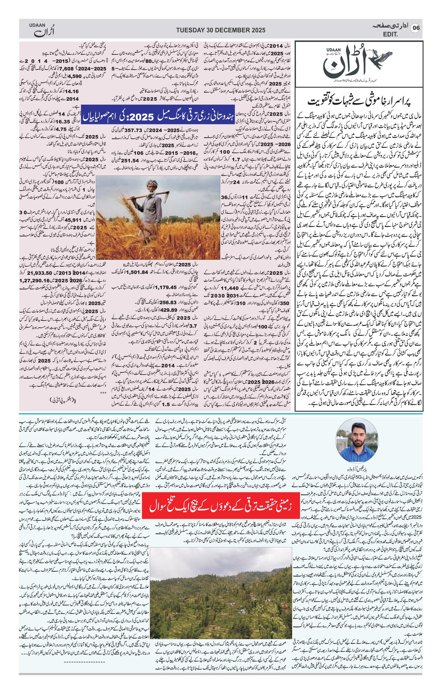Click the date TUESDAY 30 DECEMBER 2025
[220, 30]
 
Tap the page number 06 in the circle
[416, 28]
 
